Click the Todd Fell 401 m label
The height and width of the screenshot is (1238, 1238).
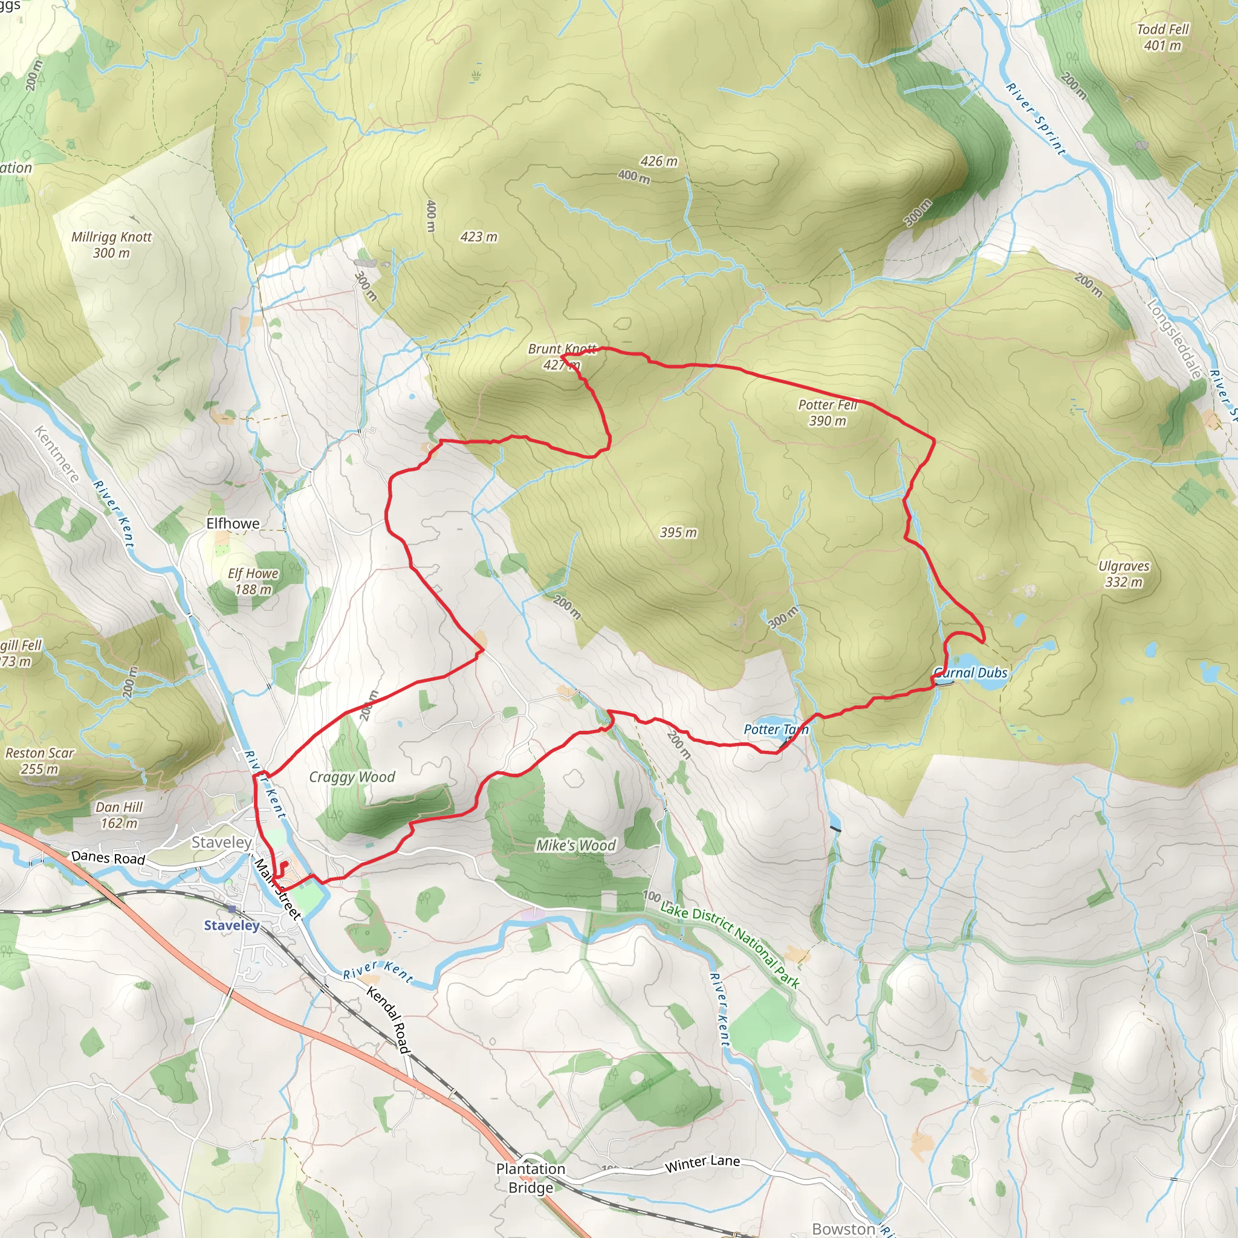[x=1162, y=37]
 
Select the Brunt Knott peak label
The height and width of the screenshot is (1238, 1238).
[x=562, y=356]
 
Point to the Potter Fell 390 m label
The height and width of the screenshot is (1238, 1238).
[x=828, y=413]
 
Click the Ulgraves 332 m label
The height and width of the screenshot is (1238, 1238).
[x=1124, y=574]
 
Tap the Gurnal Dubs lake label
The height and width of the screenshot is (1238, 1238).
[x=971, y=673]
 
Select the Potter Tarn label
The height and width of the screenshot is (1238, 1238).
[x=776, y=729]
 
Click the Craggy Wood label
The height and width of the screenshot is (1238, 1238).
[x=352, y=777]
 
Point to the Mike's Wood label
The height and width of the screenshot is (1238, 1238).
[x=575, y=845]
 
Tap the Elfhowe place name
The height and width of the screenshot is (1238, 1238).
[x=233, y=523]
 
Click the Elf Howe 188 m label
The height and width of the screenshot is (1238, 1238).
[x=253, y=581]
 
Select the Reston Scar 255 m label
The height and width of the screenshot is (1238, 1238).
[x=40, y=760]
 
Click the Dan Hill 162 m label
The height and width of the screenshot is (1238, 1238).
[x=119, y=814]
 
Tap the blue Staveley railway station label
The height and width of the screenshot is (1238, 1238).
[x=232, y=925]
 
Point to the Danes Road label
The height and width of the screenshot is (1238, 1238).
[x=108, y=857]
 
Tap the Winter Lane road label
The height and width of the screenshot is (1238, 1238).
[x=702, y=1163]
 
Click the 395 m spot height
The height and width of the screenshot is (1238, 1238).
[x=679, y=533]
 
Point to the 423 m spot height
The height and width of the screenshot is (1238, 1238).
[x=479, y=236]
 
